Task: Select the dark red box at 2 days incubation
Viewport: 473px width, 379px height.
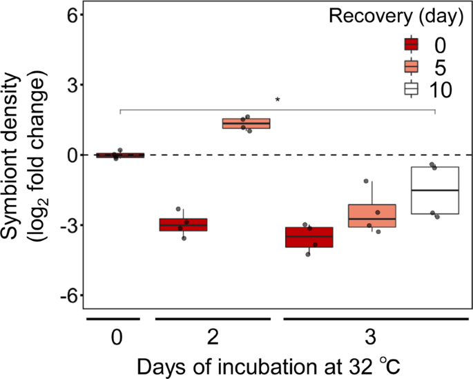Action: coord(184,224)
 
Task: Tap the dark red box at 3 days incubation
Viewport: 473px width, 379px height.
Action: coord(309,237)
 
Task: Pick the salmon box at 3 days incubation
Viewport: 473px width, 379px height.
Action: coord(371,215)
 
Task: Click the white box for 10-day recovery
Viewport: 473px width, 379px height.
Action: coord(435,191)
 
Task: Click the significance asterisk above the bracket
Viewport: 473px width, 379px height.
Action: coord(277,101)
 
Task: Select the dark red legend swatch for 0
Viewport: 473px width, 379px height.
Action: coord(412,46)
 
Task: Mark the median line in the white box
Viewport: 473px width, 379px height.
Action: coord(435,190)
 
